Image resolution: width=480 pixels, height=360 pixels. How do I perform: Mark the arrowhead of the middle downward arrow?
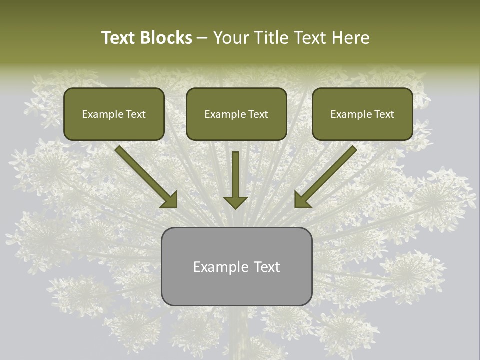click(235, 201)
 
